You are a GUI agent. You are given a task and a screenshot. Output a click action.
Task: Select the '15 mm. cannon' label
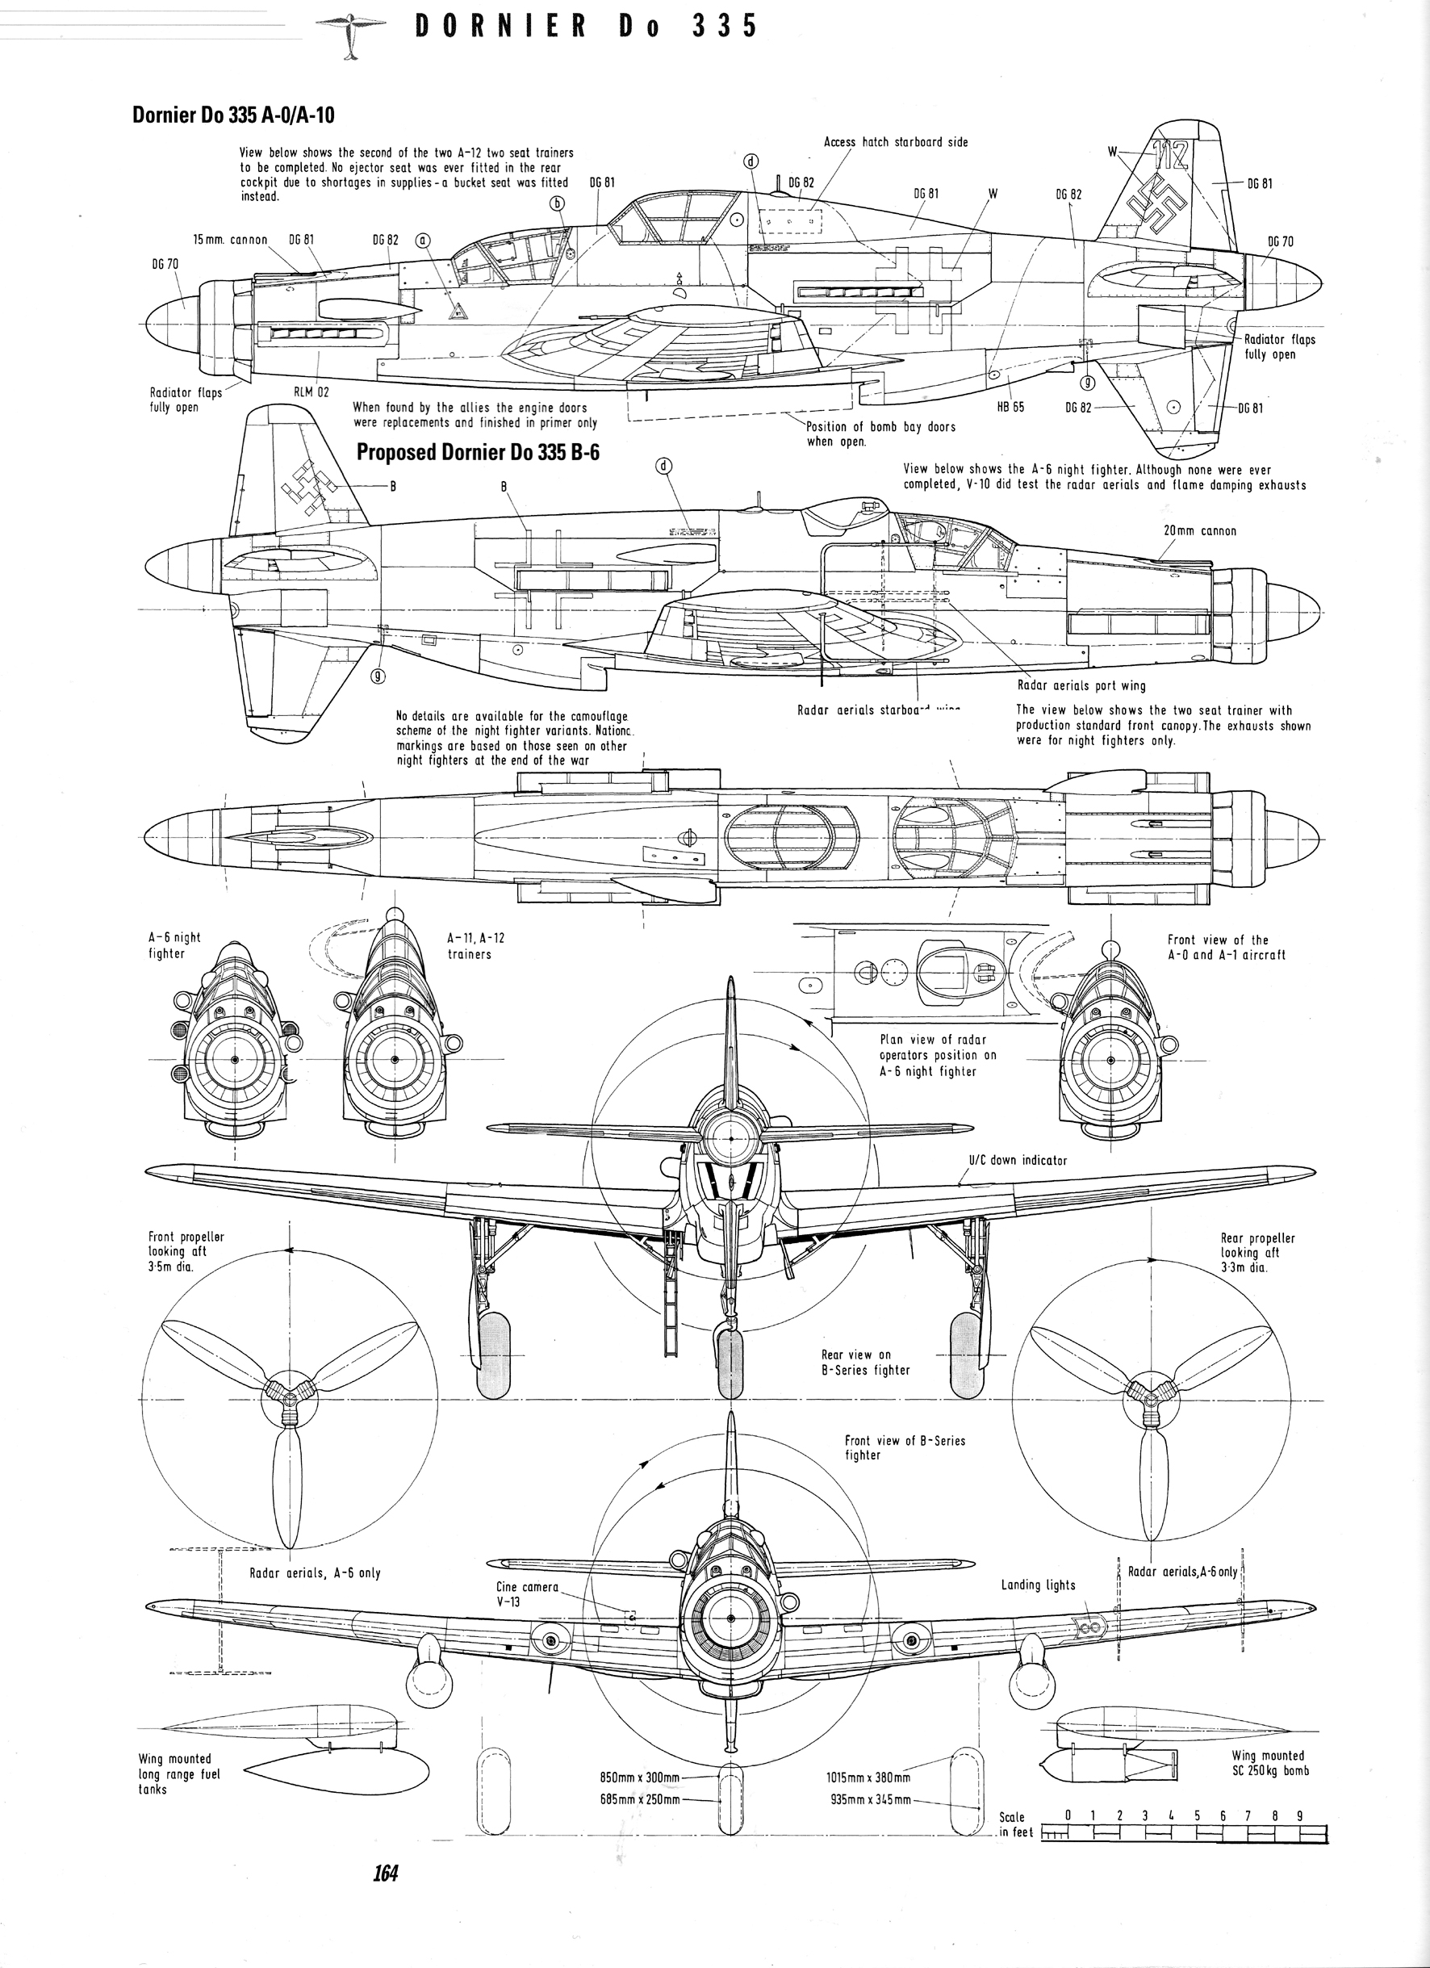[x=230, y=240]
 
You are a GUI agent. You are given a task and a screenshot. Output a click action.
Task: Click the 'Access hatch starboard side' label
[x=896, y=142]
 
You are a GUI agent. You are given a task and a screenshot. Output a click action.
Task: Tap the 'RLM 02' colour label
[x=312, y=392]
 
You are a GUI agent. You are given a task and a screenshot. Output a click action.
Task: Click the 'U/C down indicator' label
[x=1017, y=1160]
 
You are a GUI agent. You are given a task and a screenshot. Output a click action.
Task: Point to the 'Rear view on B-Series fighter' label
[x=865, y=1363]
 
